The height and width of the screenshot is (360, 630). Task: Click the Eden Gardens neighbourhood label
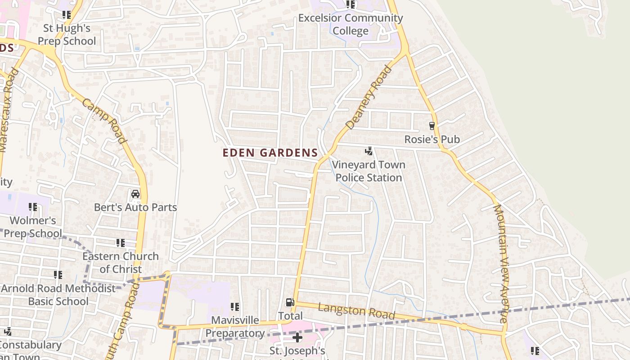[270, 153]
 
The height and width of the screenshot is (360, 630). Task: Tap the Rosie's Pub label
[432, 139]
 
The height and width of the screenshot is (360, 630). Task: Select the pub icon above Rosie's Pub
[432, 126]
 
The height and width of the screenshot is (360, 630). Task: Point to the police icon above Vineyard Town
[369, 151]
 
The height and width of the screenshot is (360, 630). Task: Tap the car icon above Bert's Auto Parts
[135, 194]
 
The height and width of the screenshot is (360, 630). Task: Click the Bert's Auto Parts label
[135, 207]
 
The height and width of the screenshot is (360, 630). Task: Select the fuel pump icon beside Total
[290, 302]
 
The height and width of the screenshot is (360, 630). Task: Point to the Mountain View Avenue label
[501, 263]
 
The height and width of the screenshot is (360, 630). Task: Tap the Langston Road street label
[356, 311]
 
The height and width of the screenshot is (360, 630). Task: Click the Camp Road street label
[104, 121]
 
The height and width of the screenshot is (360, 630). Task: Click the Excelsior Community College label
[351, 24]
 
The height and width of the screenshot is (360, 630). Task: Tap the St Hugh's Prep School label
[67, 35]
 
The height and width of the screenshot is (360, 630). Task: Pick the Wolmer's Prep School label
[33, 227]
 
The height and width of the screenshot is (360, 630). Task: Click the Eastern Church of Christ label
[121, 263]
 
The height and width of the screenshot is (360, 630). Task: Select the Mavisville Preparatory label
[235, 327]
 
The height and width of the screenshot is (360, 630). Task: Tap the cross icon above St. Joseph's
[297, 337]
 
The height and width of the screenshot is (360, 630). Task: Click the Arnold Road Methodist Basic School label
[58, 295]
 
